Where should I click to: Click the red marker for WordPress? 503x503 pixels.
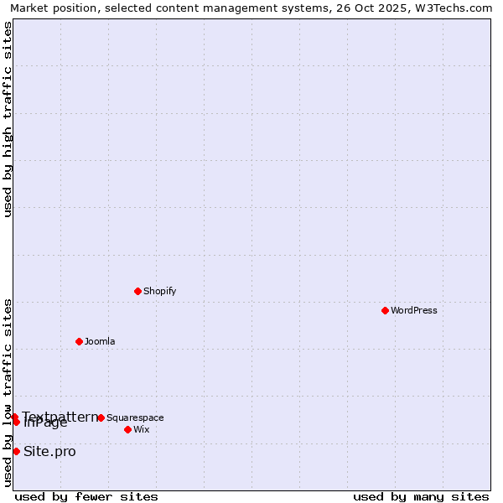tap(385, 310)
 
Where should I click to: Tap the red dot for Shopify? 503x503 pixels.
tap(137, 291)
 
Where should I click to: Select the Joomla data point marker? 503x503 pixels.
tap(79, 341)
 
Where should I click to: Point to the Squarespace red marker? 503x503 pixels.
tap(101, 417)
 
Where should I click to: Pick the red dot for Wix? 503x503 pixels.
tap(127, 429)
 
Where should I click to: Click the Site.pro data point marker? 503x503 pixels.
tap(16, 451)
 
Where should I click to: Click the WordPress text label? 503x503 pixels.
tap(413, 310)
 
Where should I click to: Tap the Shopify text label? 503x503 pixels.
tap(159, 291)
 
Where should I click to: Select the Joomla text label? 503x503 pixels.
tap(100, 341)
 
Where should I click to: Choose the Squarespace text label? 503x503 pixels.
tap(135, 417)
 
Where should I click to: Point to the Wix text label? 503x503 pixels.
tap(141, 429)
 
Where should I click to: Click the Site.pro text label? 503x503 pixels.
tap(49, 452)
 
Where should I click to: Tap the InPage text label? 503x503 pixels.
tap(46, 423)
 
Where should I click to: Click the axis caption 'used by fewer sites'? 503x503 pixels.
tap(86, 496)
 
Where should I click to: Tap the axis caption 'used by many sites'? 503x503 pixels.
tap(421, 496)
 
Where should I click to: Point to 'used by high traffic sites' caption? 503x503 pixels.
tap(8, 119)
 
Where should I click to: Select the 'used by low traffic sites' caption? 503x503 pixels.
tap(8, 392)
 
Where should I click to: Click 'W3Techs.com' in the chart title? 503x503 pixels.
tap(455, 8)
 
